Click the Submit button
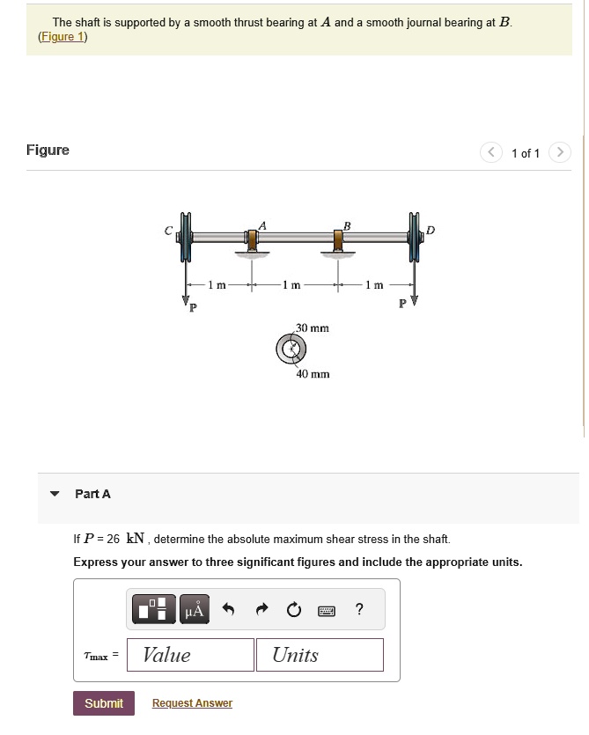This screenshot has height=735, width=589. (x=103, y=703)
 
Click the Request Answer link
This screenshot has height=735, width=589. (x=192, y=703)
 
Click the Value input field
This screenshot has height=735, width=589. (x=190, y=655)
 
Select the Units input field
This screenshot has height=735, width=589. (x=320, y=655)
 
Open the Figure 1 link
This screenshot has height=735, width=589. (x=63, y=37)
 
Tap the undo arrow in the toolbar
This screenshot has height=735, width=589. (x=228, y=610)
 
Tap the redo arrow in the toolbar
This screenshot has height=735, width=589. (x=261, y=610)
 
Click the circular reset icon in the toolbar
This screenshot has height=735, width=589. (x=293, y=610)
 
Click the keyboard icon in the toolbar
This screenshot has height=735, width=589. (x=326, y=610)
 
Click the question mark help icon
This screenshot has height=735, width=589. (x=358, y=610)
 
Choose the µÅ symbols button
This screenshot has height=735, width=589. (x=195, y=610)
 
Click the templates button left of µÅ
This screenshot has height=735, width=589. (x=154, y=610)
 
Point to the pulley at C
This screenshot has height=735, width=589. (x=185, y=237)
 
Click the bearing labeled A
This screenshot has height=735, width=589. (x=253, y=240)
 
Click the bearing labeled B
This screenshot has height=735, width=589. (x=338, y=240)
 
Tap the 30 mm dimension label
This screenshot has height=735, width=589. (x=312, y=327)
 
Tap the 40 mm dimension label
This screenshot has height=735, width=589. (x=313, y=374)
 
